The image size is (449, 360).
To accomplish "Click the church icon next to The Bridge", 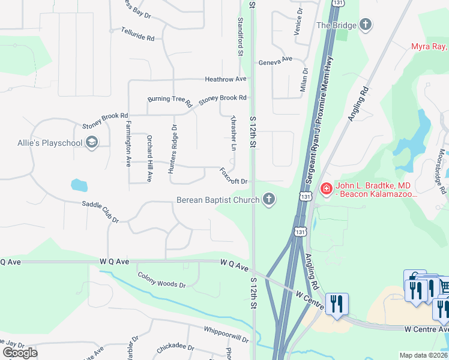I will [x=365, y=25].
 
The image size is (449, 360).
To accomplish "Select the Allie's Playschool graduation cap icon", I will [x=92, y=142].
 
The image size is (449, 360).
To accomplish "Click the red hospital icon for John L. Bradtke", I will [x=326, y=189].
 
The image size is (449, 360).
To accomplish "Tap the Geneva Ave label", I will [x=275, y=61].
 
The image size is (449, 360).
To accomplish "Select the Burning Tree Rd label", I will [x=169, y=100].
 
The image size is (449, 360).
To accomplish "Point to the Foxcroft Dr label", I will [x=234, y=176].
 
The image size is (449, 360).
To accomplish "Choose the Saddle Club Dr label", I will [x=101, y=212].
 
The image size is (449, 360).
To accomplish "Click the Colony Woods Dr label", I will [x=161, y=280].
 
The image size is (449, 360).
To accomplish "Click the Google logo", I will [x=20, y=352].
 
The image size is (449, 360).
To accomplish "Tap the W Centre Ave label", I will [x=426, y=329].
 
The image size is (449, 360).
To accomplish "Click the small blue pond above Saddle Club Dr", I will [x=79, y=185].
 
